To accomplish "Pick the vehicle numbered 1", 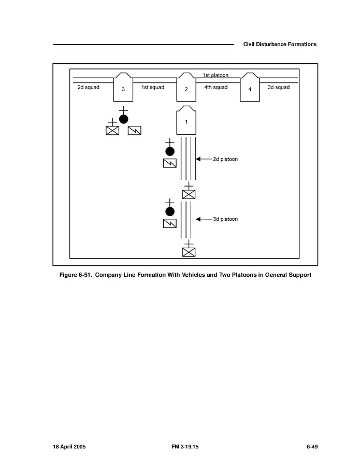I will coord(186,121).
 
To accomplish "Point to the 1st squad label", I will coord(152,87).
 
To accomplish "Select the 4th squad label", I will coord(215,87).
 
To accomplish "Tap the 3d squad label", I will coord(279,87).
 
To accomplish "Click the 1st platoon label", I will coord(215,75).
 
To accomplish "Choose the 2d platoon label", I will coord(225,159).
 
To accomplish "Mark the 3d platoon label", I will coord(225,219).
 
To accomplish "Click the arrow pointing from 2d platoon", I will coord(204,159).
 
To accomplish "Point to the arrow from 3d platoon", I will coord(204,219).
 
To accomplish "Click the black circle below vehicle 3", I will coord(123,119).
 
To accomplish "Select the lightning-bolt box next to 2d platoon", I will coord(169,163).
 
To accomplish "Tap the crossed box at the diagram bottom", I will coord(189,252).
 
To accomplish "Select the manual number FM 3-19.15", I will coord(180,446).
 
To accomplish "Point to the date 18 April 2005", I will coord(70,446).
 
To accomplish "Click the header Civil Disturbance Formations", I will coord(280,45).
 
